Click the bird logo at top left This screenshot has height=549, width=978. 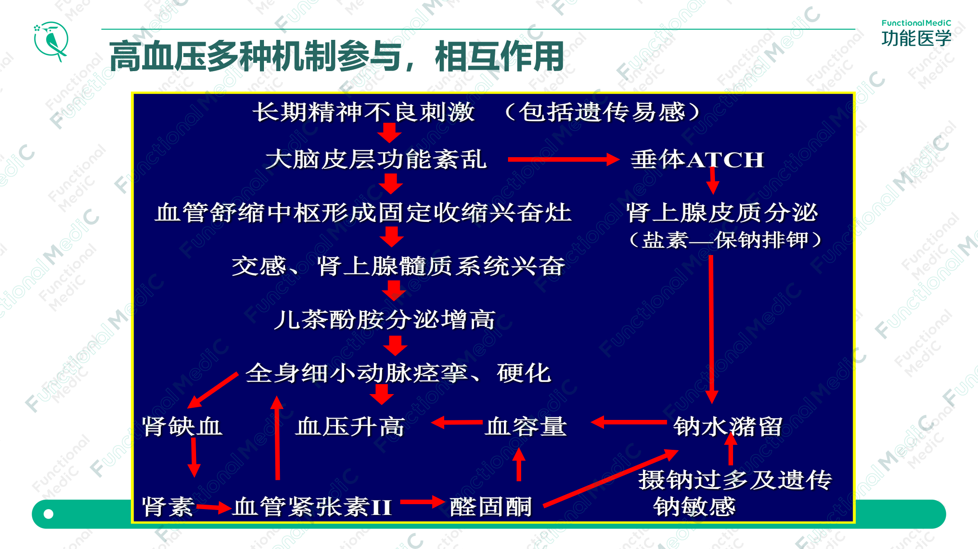click(51, 41)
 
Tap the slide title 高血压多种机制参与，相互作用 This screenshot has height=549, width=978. click(336, 56)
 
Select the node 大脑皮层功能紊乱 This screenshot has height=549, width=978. click(376, 159)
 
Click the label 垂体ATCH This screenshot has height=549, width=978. click(697, 160)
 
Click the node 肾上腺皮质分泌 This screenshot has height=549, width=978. click(722, 212)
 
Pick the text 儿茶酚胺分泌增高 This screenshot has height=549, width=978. click(384, 320)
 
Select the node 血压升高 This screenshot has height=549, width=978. click(350, 426)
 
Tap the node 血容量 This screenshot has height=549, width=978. click(526, 426)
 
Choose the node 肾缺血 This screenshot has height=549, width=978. click(182, 426)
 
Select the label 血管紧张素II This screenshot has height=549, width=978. click(312, 506)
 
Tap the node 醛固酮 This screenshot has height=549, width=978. click(491, 506)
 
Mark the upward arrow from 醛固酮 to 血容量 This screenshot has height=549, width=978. click(519, 464)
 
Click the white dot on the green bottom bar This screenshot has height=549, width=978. click(48, 514)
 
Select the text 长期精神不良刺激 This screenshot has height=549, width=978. click(364, 112)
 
